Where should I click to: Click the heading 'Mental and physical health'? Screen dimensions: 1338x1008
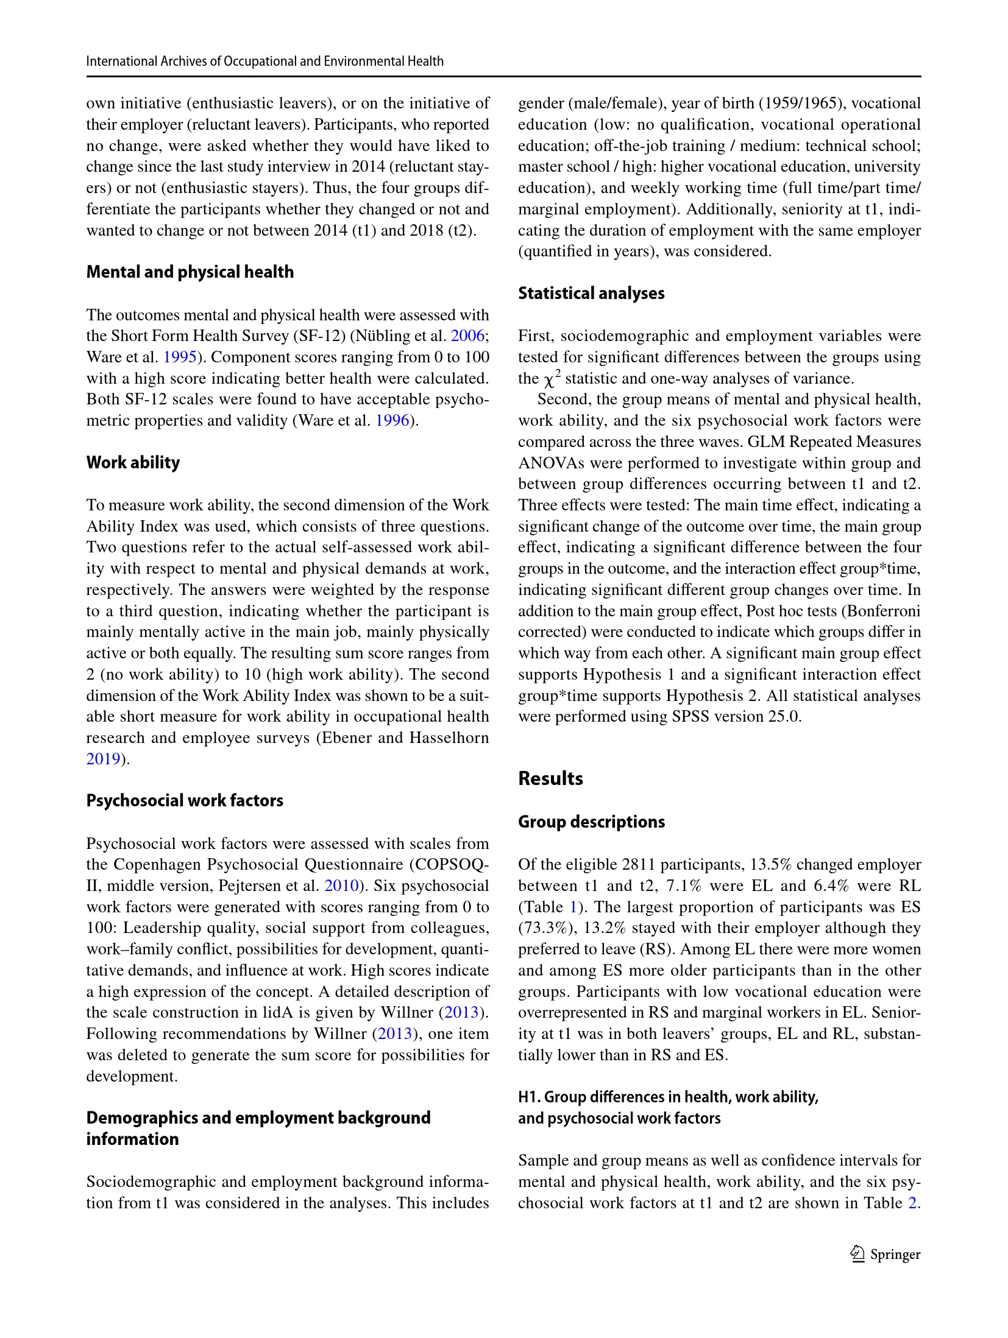tap(190, 272)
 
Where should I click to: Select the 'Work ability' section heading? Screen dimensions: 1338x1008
tap(133, 462)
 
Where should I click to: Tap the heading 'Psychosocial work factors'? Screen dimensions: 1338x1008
tap(185, 800)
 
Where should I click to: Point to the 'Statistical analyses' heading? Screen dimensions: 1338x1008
tap(591, 293)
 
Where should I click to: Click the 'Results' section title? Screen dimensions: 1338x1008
tap(550, 778)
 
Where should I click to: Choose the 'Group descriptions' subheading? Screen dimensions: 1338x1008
tap(591, 822)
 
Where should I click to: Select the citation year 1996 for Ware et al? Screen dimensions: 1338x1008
tap(392, 420)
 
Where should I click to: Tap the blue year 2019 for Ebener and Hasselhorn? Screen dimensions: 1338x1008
tap(103, 759)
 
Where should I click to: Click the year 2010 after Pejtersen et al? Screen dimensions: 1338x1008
tap(341, 886)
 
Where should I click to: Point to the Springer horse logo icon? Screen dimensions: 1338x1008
tap(857, 1254)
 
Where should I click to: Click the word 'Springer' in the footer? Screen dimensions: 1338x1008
tap(895, 1255)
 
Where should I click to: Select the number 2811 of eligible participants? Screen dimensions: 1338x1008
tap(639, 864)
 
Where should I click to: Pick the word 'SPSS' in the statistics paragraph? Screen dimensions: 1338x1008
tap(690, 716)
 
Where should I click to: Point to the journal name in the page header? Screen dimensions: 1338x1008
tap(264, 61)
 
